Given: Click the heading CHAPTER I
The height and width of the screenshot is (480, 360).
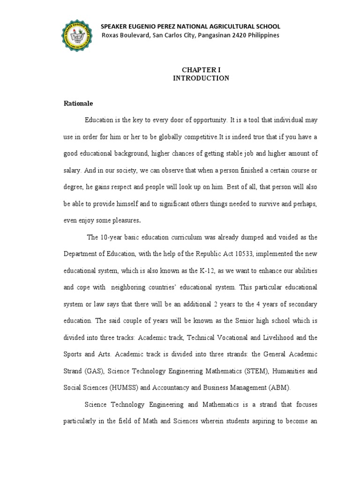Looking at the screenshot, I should point(201,69).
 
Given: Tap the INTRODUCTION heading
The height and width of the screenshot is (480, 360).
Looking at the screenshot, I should point(201,78).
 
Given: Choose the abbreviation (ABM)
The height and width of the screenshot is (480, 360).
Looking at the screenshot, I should point(280,388).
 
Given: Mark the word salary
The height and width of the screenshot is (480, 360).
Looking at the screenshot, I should point(72,170).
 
